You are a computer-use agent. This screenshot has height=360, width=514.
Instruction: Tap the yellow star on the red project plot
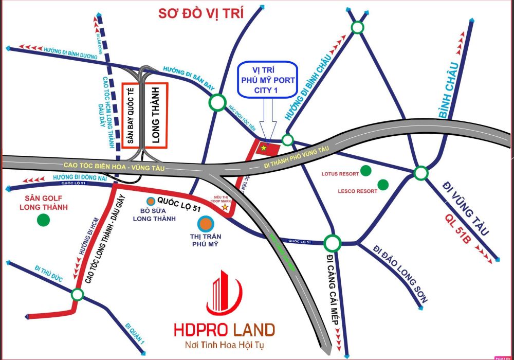264,148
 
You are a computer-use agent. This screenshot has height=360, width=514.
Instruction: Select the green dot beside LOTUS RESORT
366,170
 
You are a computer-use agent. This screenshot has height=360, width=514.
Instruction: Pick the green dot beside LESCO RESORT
383,184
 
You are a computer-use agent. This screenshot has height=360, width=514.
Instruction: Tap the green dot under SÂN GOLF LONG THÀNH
43,220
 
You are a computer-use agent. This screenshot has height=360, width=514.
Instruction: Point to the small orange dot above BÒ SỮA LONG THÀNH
151,201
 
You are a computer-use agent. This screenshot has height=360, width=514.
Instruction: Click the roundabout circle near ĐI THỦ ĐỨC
77,295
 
